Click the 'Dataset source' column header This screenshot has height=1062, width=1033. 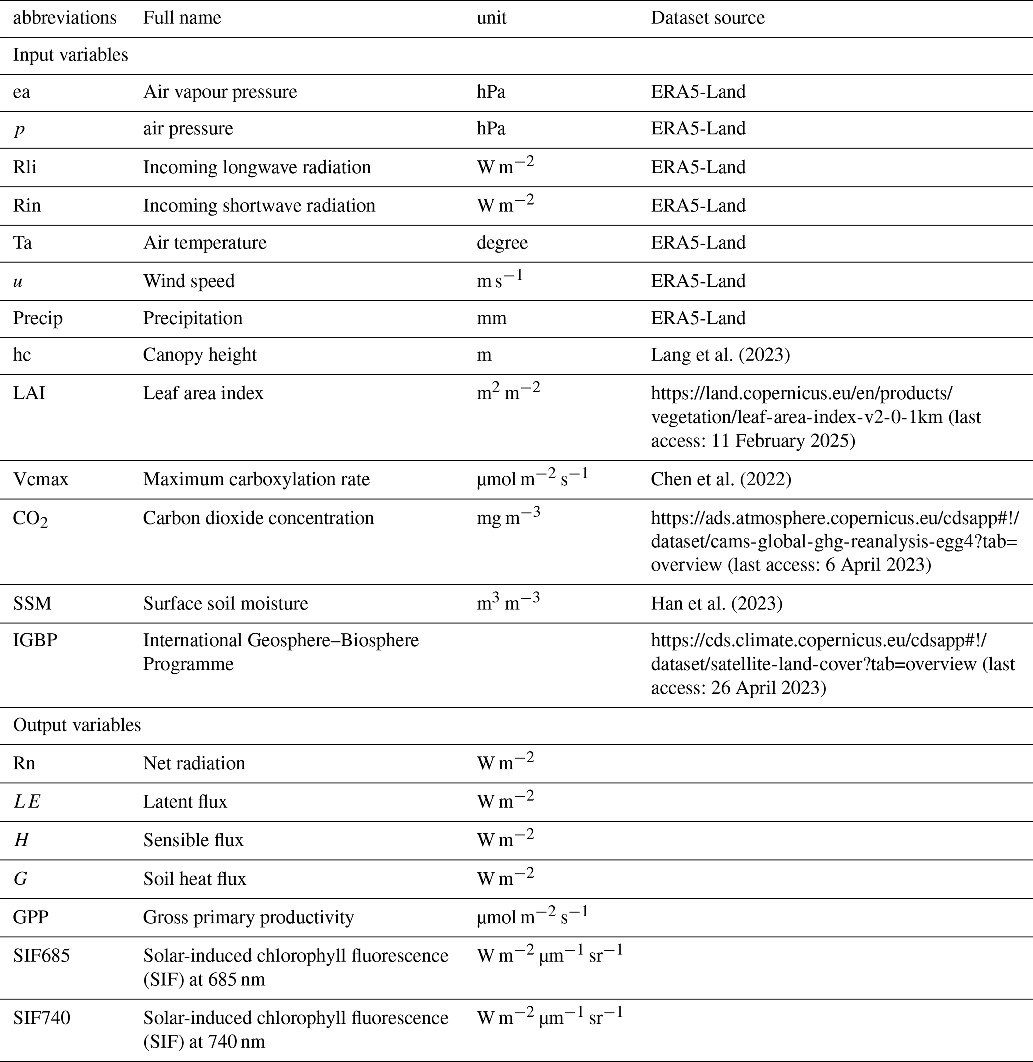[708, 18]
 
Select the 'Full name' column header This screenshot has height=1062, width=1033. [182, 18]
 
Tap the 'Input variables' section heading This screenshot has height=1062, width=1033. [70, 55]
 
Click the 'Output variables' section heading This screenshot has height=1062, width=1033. [77, 725]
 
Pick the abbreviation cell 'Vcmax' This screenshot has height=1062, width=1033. [41, 479]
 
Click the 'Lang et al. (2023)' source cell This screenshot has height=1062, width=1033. [720, 355]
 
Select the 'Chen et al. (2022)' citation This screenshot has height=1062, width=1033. [721, 479]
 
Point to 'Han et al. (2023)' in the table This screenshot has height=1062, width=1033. [716, 603]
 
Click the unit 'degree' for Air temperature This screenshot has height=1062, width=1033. [502, 242]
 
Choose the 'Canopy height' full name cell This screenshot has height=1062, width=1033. [200, 355]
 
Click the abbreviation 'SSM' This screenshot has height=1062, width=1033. [32, 603]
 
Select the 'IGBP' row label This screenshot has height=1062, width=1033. [35, 640]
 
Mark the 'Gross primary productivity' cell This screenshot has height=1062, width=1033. [248, 917]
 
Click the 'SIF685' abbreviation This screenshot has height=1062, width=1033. [42, 956]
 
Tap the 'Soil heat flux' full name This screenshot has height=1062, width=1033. [195, 879]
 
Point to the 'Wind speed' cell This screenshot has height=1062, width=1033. [189, 281]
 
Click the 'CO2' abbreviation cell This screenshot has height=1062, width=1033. [30, 519]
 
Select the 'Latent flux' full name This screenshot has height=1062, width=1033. [185, 802]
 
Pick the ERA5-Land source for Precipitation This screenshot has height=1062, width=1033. [698, 318]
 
